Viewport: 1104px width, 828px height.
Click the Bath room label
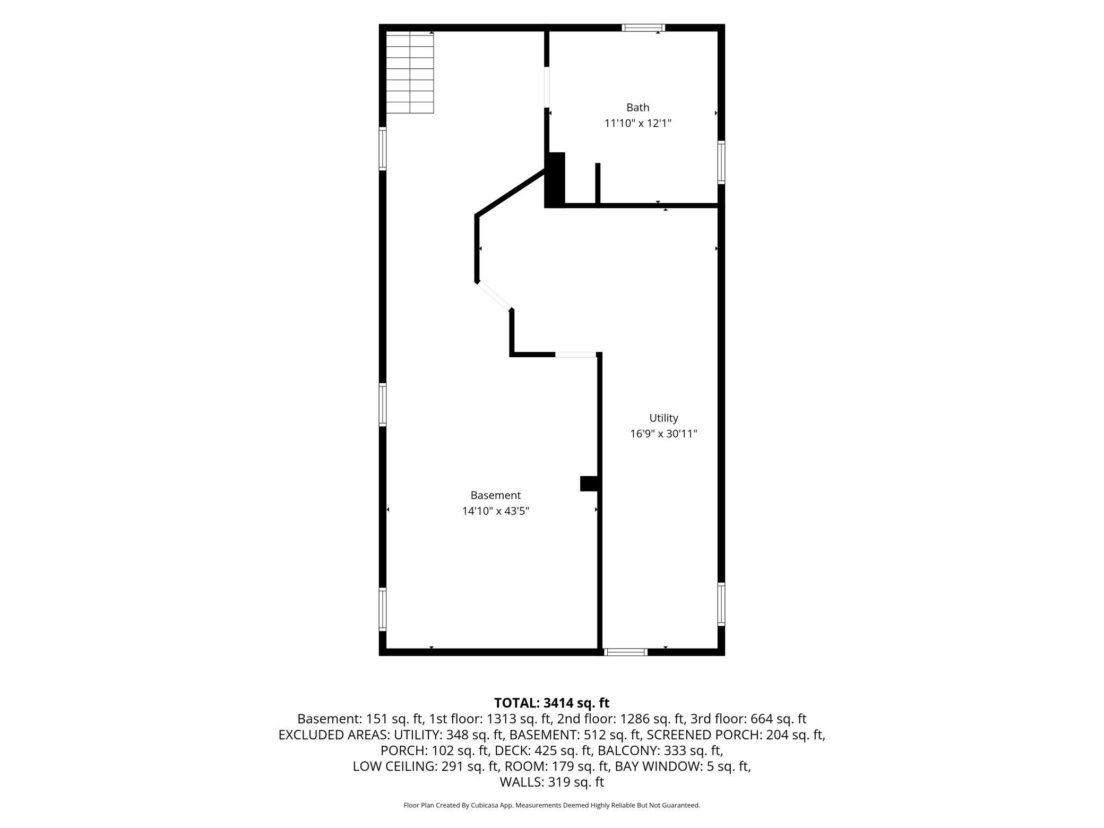(x=637, y=108)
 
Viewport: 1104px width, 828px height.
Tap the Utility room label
(x=663, y=418)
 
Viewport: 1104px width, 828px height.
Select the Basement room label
(x=496, y=495)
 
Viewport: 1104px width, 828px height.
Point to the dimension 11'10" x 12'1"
(x=638, y=124)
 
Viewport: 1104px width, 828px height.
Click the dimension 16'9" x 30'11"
(x=663, y=434)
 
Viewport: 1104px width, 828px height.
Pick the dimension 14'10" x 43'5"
(x=496, y=511)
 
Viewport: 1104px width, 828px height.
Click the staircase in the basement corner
(x=410, y=72)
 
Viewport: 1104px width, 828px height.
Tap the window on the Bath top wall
(x=643, y=28)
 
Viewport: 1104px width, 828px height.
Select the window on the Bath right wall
(x=721, y=162)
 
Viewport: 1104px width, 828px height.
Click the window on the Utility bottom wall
(x=626, y=652)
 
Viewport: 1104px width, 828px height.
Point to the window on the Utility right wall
(x=721, y=605)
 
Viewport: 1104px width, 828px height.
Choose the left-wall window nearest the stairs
(x=382, y=149)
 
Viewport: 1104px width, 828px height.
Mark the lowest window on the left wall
(x=382, y=609)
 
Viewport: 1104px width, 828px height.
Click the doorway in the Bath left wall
(x=547, y=88)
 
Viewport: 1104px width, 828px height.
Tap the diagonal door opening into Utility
(x=494, y=295)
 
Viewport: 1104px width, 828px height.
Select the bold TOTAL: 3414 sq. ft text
(x=551, y=703)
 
